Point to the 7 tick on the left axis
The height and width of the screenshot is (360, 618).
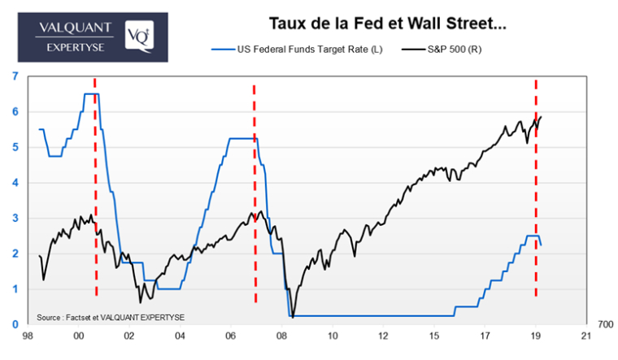tap(15, 76)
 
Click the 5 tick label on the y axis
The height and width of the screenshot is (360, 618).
tap(15, 147)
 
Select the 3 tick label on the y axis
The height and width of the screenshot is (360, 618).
tap(15, 219)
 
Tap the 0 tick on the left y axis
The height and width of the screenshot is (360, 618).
tap(15, 325)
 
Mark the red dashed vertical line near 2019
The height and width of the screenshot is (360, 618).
tap(536, 187)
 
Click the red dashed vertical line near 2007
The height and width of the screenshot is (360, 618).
tap(255, 195)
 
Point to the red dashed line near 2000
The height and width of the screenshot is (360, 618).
tap(95, 187)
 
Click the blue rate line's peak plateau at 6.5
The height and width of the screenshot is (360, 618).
tap(91, 94)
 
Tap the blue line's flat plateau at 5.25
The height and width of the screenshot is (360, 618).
tap(242, 138)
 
